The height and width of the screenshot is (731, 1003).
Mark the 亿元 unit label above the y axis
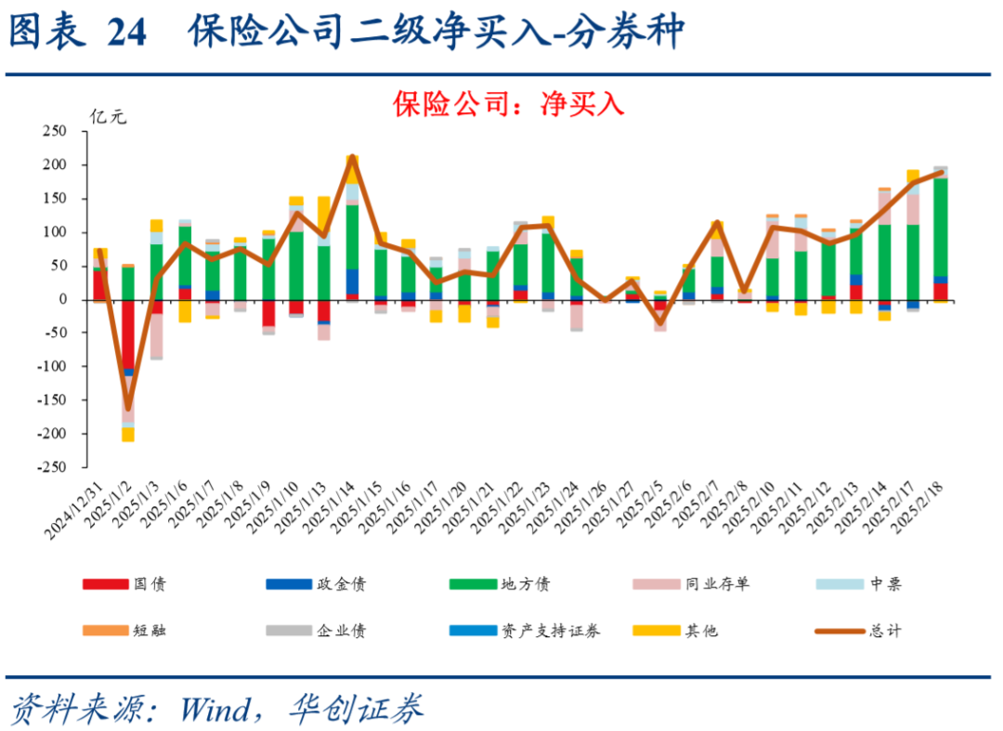[105, 116]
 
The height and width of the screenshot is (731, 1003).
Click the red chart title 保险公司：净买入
[508, 104]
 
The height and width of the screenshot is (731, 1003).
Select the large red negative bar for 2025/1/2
[127, 334]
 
